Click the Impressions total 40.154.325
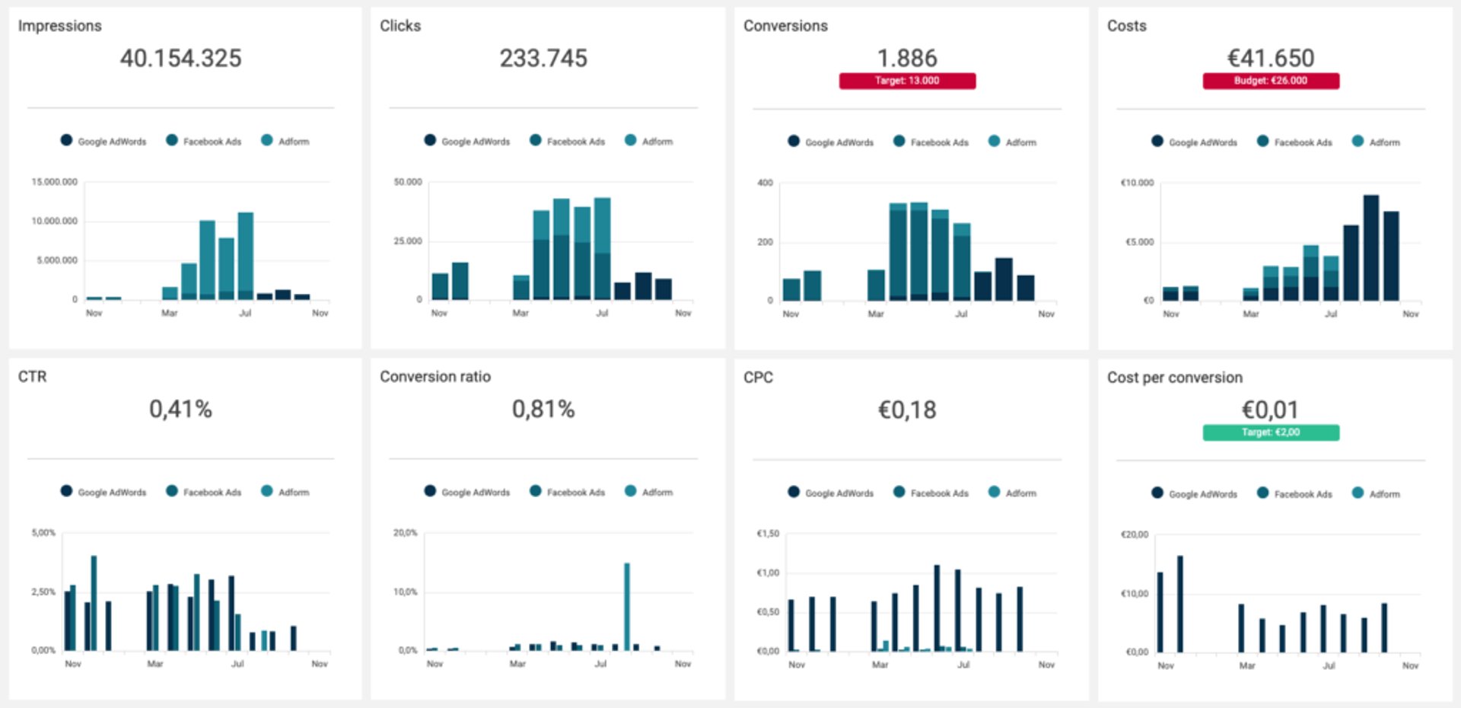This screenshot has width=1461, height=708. click(x=180, y=58)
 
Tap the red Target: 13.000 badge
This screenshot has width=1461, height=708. click(x=907, y=81)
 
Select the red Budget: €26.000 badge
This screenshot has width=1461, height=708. click(x=1270, y=81)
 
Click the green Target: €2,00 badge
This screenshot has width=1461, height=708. click(x=1270, y=432)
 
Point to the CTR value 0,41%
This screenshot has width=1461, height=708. click(x=180, y=409)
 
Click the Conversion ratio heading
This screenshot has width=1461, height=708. click(x=435, y=377)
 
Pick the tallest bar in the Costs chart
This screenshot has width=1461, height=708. click(x=1370, y=247)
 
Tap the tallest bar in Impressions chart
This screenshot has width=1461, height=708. click(x=245, y=255)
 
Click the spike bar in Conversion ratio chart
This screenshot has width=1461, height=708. click(x=627, y=606)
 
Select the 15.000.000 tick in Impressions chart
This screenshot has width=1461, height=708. click(x=55, y=182)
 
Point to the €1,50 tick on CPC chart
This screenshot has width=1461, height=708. click(x=768, y=534)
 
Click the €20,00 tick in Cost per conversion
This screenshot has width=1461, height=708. click(x=1134, y=534)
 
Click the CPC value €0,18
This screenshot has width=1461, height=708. click(x=907, y=410)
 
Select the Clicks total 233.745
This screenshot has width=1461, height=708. click(x=543, y=58)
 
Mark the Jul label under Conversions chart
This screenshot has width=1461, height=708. click(x=961, y=314)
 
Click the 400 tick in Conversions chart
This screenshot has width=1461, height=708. click(x=765, y=183)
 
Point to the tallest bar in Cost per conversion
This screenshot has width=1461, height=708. click(x=1180, y=604)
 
